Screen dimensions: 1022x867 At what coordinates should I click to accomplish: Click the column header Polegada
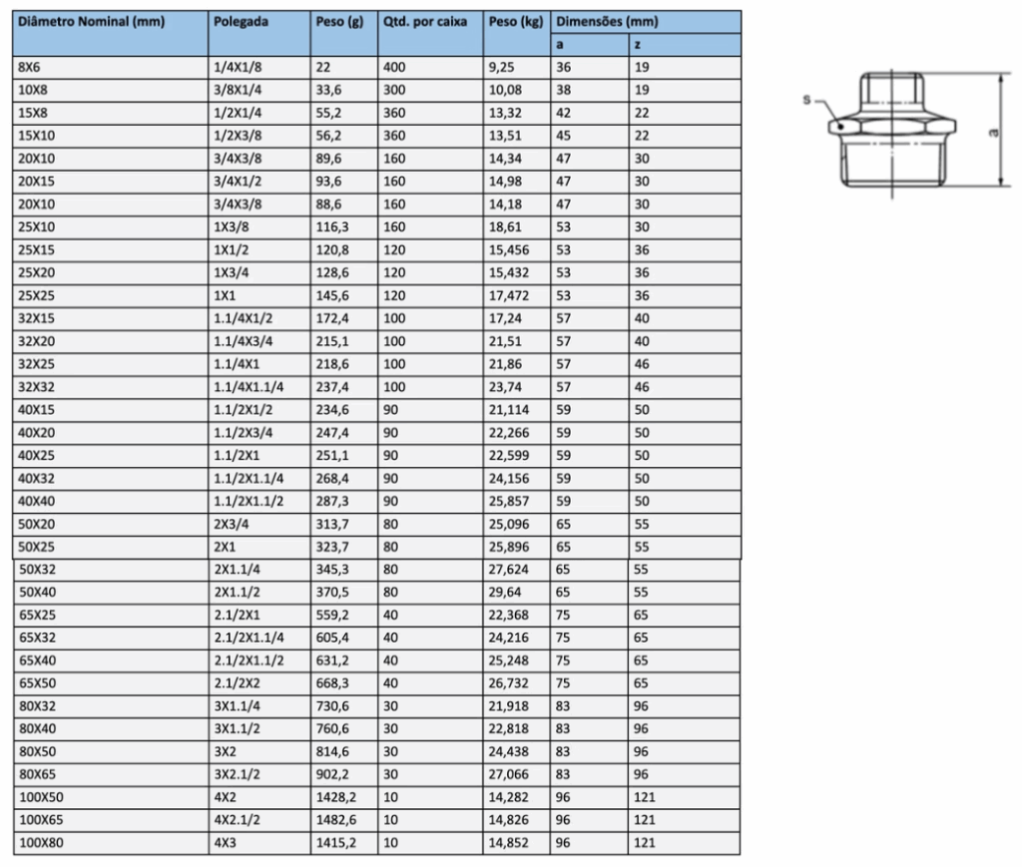[241, 22]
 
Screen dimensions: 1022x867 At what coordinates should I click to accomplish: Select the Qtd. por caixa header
[425, 22]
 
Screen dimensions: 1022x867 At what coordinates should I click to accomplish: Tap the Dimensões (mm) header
[607, 22]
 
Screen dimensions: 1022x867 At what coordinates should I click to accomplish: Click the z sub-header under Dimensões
[638, 45]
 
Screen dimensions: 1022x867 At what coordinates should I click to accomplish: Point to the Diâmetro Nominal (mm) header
[91, 22]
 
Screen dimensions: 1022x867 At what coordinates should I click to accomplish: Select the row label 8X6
[29, 67]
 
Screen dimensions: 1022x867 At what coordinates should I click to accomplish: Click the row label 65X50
[37, 683]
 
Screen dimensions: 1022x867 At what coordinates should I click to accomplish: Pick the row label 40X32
[37, 478]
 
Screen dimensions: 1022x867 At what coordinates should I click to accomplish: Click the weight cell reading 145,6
[332, 295]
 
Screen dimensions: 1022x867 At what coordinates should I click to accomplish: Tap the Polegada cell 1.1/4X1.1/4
[249, 387]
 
